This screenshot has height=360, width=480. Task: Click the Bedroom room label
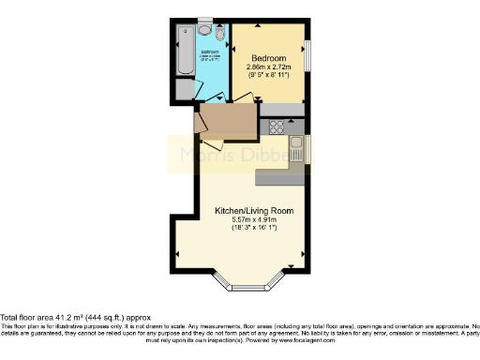[269, 57]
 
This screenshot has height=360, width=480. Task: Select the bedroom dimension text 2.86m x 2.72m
[269, 67]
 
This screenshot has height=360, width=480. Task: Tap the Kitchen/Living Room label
[253, 211]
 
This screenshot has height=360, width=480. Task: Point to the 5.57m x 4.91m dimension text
[253, 221]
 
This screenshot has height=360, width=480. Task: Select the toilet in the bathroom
[218, 38]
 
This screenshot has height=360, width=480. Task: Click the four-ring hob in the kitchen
[277, 127]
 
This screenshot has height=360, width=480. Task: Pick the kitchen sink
[297, 149]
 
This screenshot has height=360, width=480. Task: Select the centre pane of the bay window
[252, 284]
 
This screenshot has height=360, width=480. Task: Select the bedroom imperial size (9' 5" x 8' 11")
[269, 77]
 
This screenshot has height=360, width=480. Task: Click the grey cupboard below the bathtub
[184, 90]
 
